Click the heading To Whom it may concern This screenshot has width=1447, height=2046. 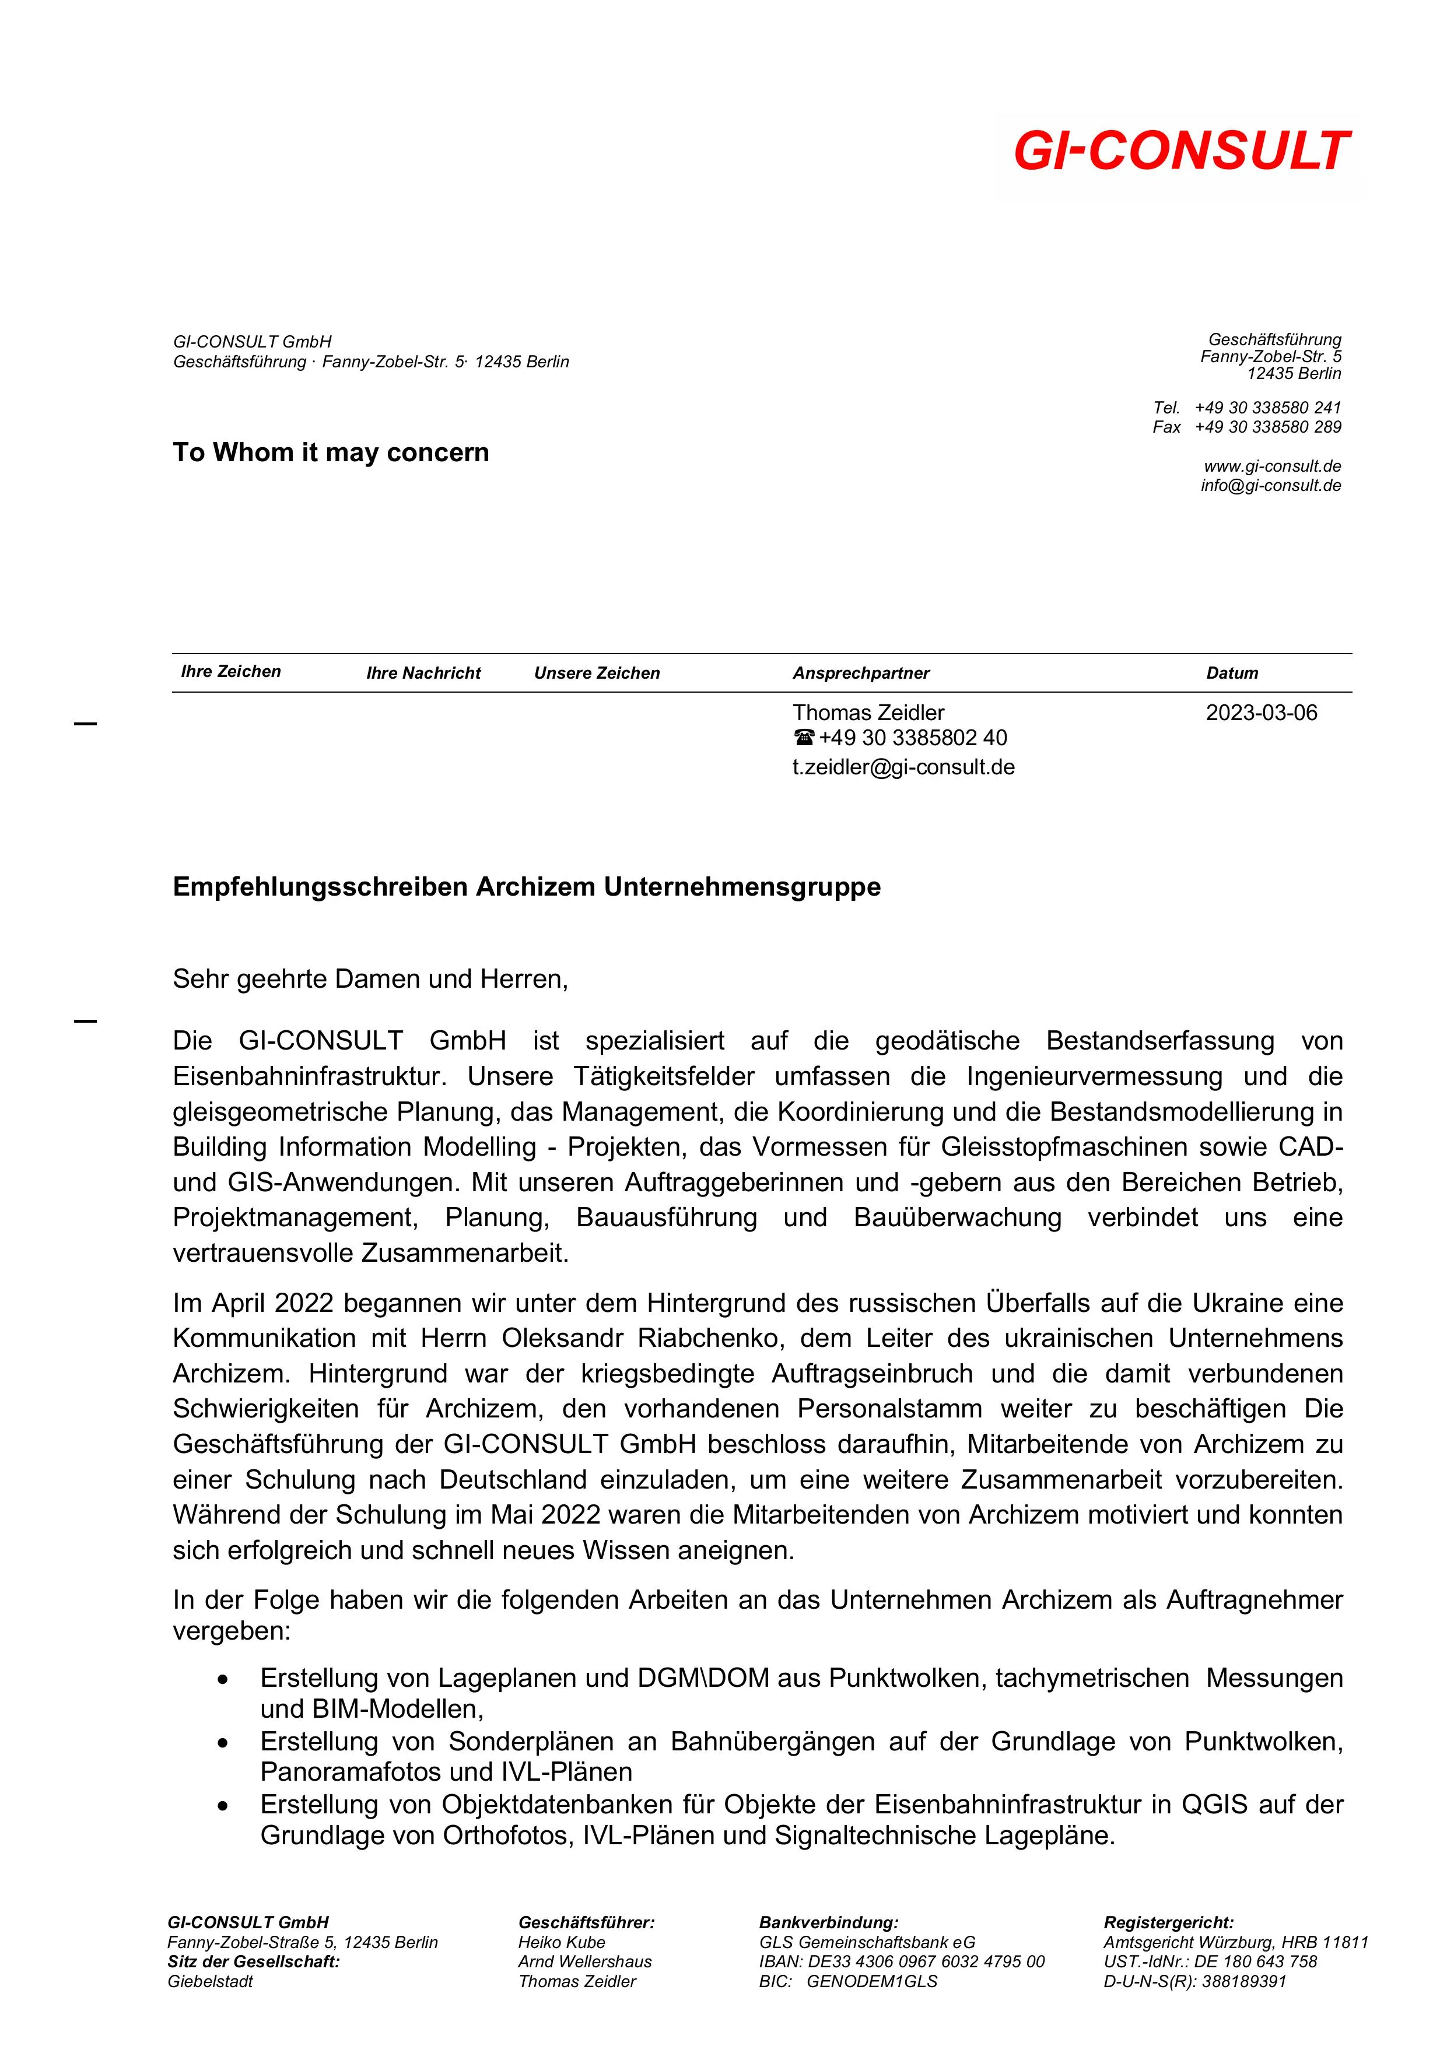click(x=331, y=452)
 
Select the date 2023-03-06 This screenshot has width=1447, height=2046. click(x=1261, y=713)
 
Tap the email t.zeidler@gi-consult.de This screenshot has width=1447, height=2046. click(x=903, y=767)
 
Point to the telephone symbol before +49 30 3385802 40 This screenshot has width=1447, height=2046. click(x=803, y=738)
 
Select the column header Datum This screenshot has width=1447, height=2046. click(x=1232, y=673)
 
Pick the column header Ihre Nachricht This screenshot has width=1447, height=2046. click(x=423, y=673)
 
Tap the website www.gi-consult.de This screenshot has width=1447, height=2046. click(x=1272, y=466)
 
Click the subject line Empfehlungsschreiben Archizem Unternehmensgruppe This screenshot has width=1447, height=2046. click(x=526, y=887)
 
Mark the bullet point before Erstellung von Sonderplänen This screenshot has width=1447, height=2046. click(x=223, y=1742)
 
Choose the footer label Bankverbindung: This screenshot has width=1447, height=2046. click(x=828, y=1922)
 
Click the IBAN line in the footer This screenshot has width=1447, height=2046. click(x=901, y=1961)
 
